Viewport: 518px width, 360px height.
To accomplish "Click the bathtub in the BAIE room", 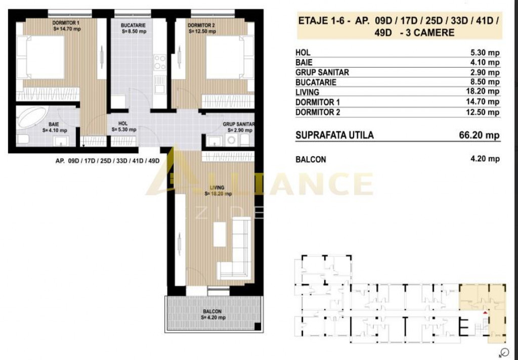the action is pos(32,117).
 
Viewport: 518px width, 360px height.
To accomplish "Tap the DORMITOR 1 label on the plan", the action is pos(66,23).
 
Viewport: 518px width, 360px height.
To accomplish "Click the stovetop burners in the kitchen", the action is pos(160,62).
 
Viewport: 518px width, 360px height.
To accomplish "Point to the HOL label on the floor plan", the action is pos(122,123).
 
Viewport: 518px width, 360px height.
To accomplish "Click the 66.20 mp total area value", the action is pos(479,135).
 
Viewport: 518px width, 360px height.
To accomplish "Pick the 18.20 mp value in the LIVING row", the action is pos(483,92).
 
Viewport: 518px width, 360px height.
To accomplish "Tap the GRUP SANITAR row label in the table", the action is pos(322,72).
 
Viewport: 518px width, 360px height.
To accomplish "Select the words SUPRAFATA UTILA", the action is pos(334,135).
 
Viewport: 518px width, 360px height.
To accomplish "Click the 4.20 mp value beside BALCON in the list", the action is pos(485,159).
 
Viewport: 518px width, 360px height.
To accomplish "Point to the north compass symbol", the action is pos(504,352).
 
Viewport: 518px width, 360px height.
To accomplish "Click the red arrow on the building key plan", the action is pos(485,312).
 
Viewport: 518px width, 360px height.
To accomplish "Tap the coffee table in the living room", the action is pos(220,235).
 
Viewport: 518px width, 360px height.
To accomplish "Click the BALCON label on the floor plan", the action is pos(212,311).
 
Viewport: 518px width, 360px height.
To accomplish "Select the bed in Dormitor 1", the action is pos(40,58).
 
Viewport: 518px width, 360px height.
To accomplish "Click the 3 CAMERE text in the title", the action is pos(431,33).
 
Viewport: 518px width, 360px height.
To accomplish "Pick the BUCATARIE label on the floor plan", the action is pos(133,25).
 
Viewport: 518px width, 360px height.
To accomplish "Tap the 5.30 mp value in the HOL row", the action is pos(485,53).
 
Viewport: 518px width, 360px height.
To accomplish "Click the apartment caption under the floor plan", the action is pos(107,161).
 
